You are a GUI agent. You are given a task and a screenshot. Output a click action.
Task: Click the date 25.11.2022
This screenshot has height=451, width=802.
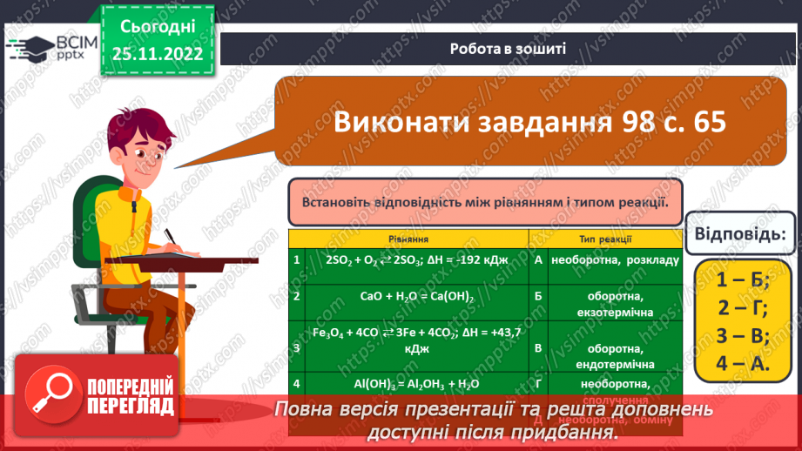pyautogui.click(x=157, y=52)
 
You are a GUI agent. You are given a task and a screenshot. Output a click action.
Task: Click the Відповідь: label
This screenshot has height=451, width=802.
pyautogui.click(x=740, y=234)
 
